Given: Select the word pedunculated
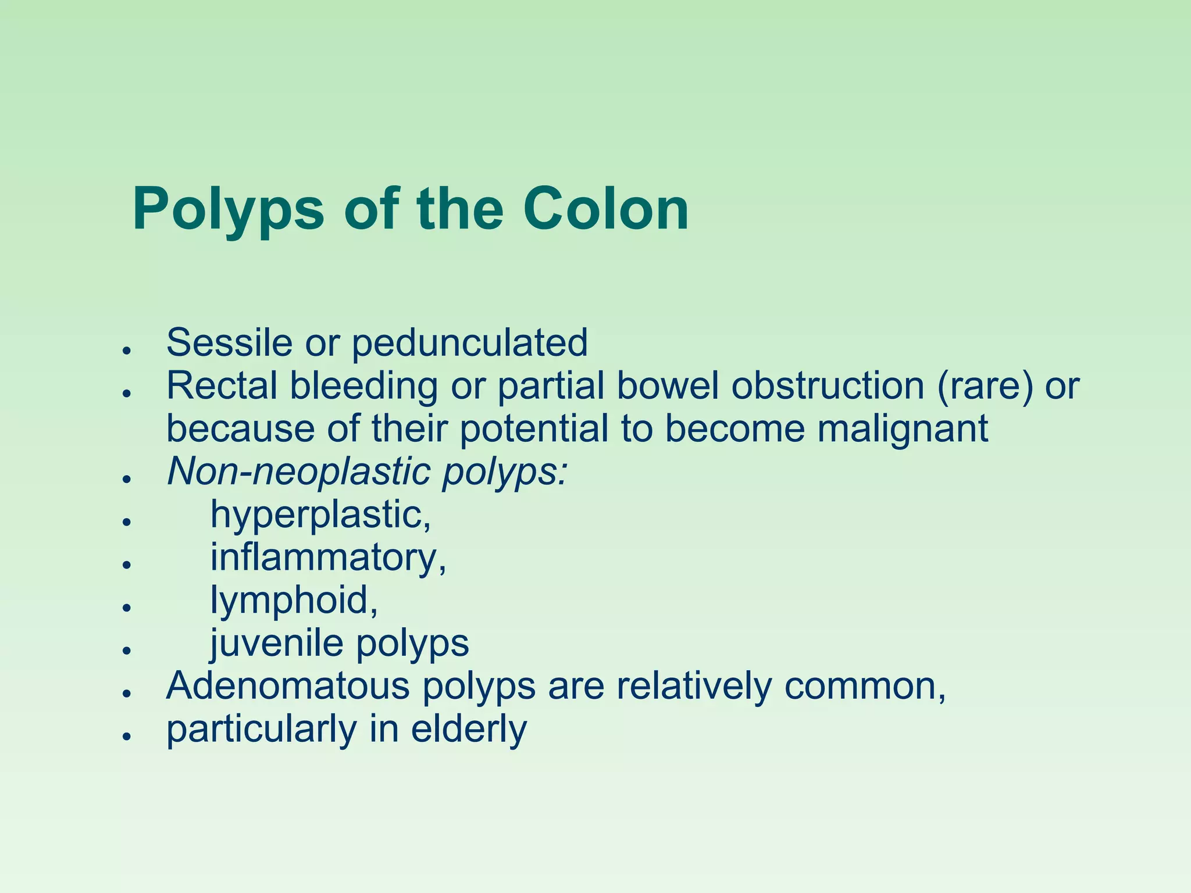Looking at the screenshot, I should (470, 344).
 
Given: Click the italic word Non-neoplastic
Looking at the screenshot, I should (299, 471).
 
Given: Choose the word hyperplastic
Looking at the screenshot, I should (320, 515).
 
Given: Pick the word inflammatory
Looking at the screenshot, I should (328, 558).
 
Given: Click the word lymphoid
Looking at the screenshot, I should (294, 601).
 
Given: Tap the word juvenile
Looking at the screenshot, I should (276, 644).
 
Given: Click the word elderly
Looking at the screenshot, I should (469, 729).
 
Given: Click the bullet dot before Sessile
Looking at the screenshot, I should (125, 350).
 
